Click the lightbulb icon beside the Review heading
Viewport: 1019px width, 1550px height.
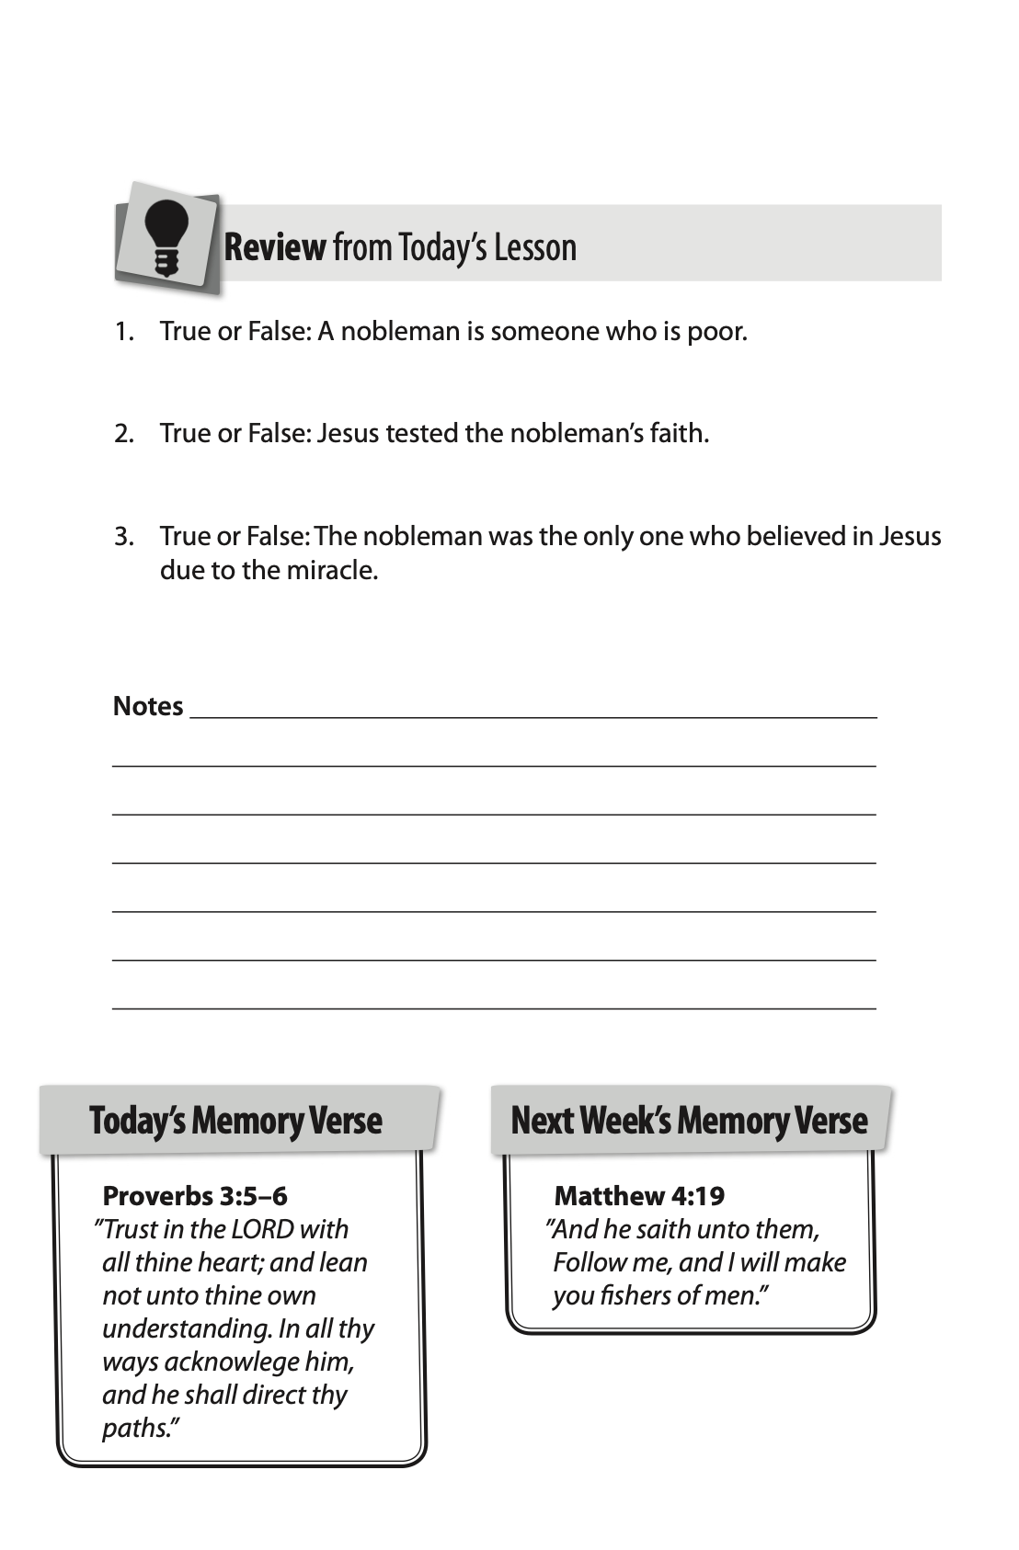[167, 237]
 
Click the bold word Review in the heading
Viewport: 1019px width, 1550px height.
[274, 247]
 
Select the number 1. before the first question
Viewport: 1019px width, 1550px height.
[124, 331]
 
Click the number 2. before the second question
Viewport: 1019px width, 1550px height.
[124, 433]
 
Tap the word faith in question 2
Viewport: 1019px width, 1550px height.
[677, 433]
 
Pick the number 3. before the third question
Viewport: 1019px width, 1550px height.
[124, 536]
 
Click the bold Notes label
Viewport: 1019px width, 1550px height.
[148, 706]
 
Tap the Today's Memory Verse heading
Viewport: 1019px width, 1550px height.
[235, 1121]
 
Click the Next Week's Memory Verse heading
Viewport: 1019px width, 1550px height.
[689, 1121]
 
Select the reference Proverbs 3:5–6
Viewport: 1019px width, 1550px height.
[195, 1196]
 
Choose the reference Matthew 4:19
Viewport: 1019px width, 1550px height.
[639, 1196]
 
